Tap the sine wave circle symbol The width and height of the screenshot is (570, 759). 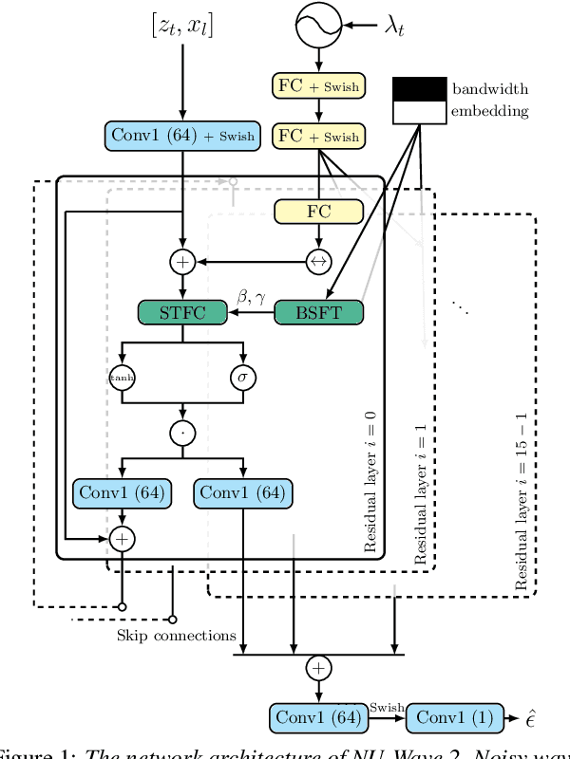[318, 26]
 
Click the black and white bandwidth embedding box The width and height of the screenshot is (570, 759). [419, 100]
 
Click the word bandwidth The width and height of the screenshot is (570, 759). [490, 89]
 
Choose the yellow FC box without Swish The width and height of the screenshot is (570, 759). [318, 212]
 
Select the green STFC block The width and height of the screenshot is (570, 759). [183, 312]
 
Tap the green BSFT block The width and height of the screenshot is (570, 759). [318, 312]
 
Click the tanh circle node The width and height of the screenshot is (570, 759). [122, 377]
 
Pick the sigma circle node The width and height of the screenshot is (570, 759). [244, 377]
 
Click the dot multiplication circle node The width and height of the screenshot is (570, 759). [183, 433]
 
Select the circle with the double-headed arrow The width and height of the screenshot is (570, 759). [318, 259]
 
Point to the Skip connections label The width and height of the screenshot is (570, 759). [176, 634]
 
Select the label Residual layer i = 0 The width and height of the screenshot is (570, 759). [370, 484]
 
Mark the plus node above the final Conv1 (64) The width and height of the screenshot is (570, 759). [318, 668]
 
